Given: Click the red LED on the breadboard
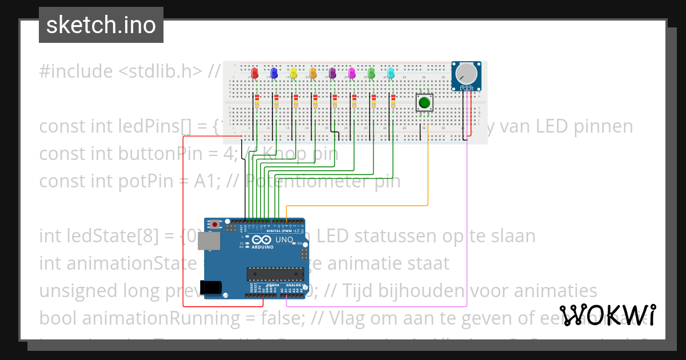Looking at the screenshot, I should click(x=255, y=73).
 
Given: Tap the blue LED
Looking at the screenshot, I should click(x=274, y=73).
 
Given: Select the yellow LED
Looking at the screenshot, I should click(x=293, y=73).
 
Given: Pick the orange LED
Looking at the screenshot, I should click(x=313, y=73).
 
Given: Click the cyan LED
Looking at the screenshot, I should click(x=391, y=73).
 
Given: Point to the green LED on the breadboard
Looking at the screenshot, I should click(x=372, y=73).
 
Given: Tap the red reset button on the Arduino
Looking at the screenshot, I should click(x=214, y=225).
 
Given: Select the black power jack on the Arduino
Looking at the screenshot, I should click(x=209, y=287).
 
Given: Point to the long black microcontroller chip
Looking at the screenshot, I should click(x=274, y=274).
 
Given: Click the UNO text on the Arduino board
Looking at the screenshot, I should click(x=285, y=240).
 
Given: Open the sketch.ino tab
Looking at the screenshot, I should click(x=101, y=25).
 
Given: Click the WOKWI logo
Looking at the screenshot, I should click(x=607, y=315).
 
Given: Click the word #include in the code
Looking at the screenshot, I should click(x=76, y=71).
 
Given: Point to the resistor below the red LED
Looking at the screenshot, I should click(x=257, y=102).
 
